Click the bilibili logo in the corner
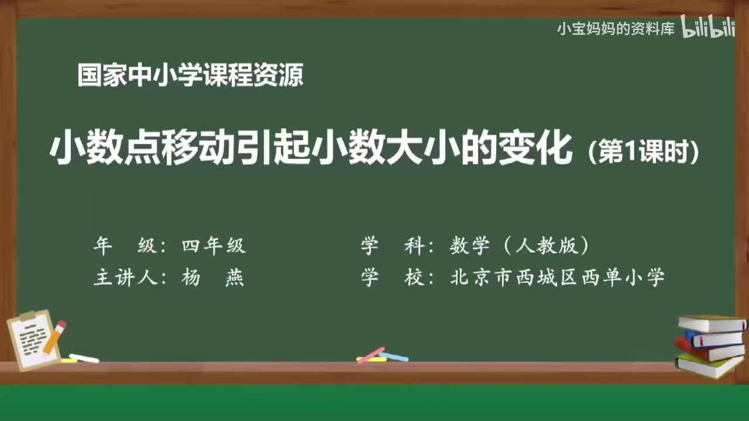point(707,27)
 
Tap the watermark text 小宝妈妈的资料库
point(616,28)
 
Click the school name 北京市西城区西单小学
point(557,278)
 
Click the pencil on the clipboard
point(54,337)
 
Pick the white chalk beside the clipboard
point(84,358)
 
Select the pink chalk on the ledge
point(371,355)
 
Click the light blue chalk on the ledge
point(394,357)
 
